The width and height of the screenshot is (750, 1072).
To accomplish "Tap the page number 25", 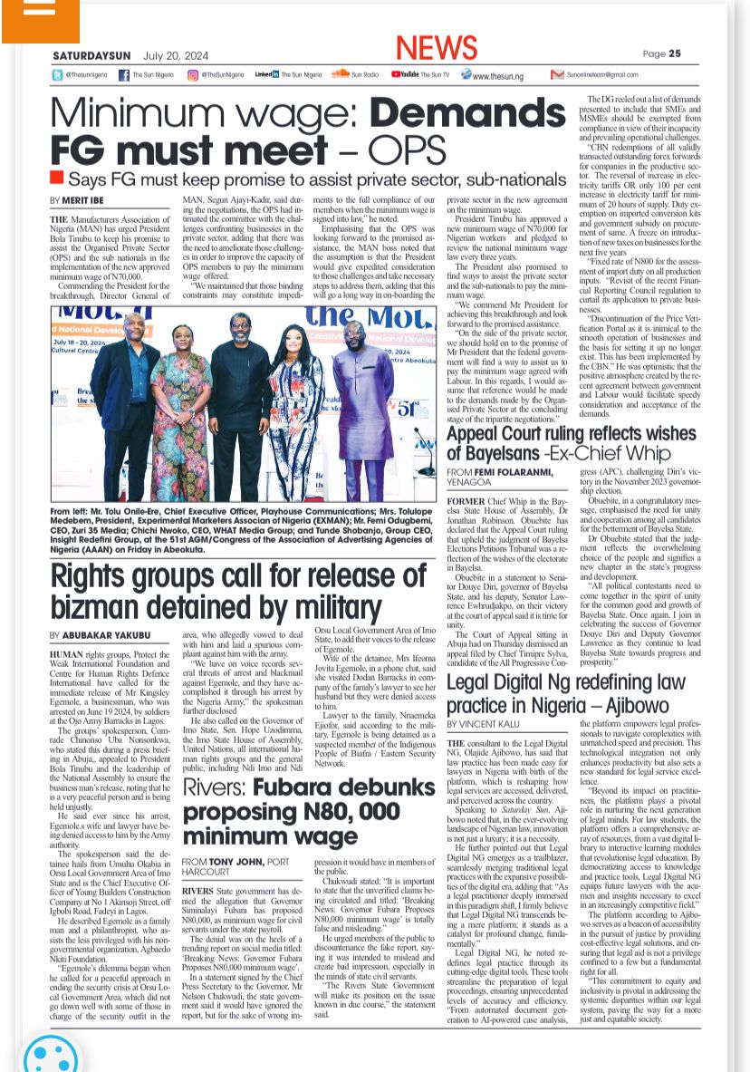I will point(675,53).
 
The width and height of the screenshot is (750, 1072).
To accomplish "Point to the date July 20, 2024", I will point(176,53).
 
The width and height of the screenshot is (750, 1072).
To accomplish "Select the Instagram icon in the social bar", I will point(192,75).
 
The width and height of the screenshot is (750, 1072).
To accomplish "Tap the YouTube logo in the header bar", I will point(404,74).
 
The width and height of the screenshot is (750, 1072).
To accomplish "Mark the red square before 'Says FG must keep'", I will point(57,177).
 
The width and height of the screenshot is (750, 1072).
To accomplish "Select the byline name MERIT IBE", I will point(83,199).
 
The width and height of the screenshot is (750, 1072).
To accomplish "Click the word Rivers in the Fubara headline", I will point(213,787).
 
